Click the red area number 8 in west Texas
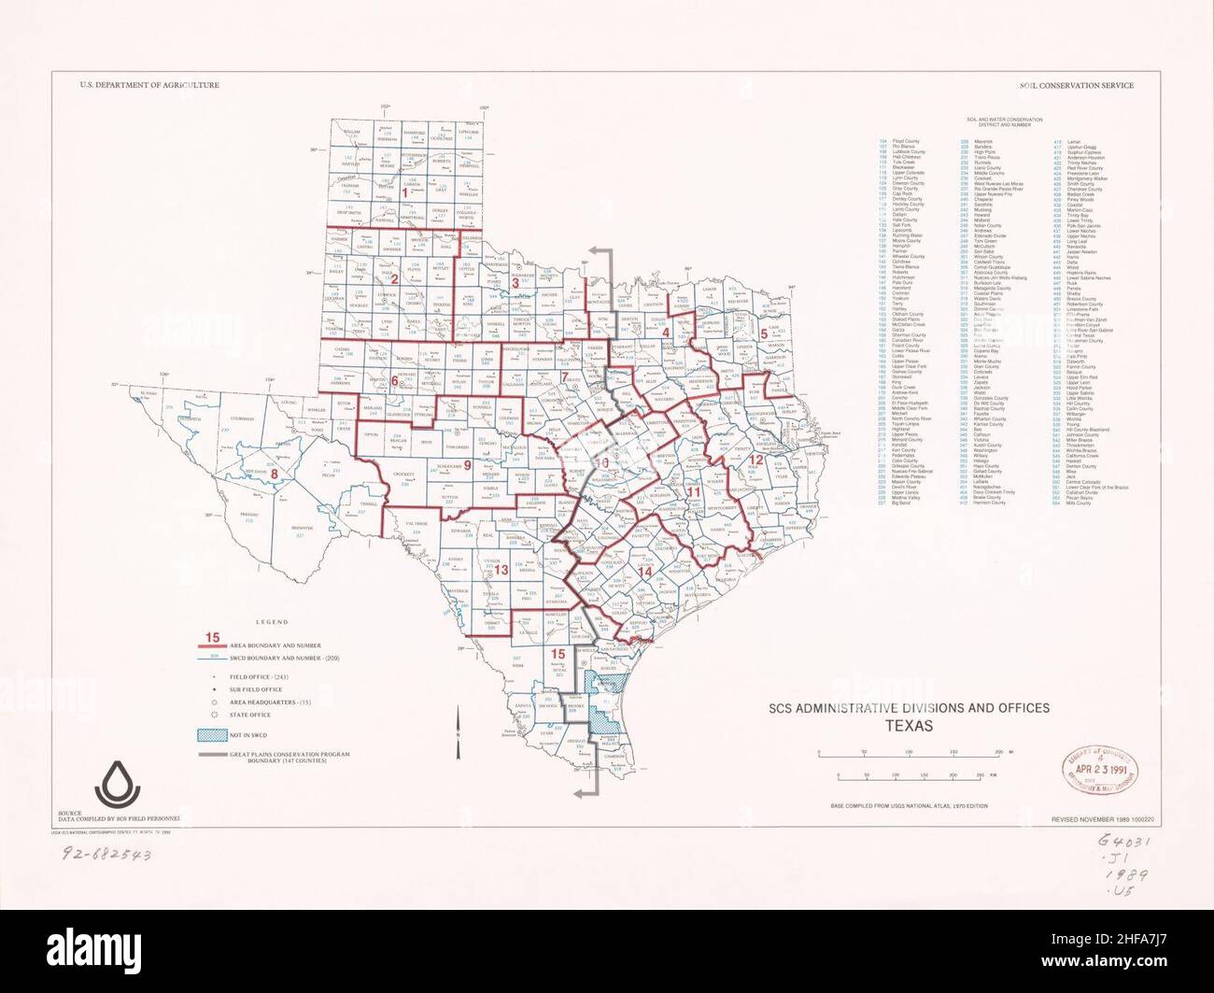coord(274,474)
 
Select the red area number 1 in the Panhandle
coord(403,192)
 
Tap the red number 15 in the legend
coord(213,638)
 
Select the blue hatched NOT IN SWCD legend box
coord(213,734)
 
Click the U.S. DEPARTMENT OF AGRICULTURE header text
coord(149,85)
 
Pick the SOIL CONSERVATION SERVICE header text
coord(1077,85)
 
